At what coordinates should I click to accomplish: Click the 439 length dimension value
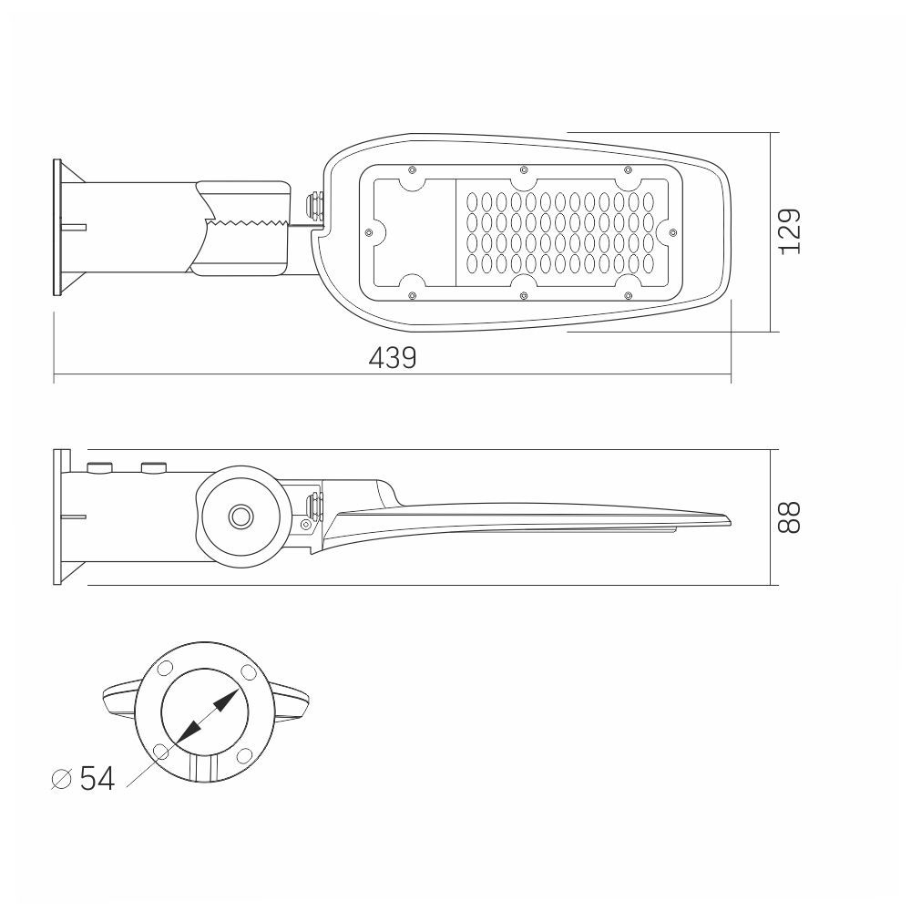[x=393, y=358]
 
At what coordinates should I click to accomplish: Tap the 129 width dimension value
[x=790, y=231]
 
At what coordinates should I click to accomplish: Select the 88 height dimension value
[x=790, y=517]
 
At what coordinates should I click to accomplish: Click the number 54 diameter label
[x=97, y=778]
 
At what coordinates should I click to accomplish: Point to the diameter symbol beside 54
[x=62, y=779]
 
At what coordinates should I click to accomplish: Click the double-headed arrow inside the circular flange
[x=207, y=717]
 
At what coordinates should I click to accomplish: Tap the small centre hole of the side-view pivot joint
[x=241, y=516]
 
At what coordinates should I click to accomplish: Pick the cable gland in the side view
[x=313, y=505]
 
